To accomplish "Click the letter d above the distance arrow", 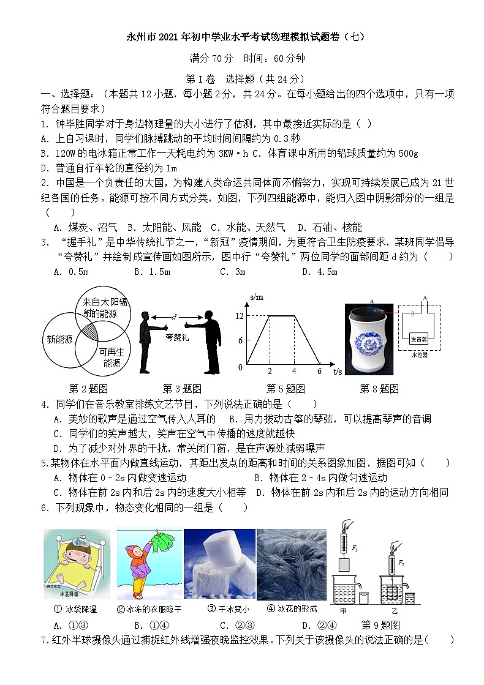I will point(175,316).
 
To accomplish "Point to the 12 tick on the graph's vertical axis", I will point(240,316).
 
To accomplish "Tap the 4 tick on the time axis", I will point(294,371).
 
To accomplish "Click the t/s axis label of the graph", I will point(338,371).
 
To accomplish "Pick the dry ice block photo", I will point(219,564).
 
